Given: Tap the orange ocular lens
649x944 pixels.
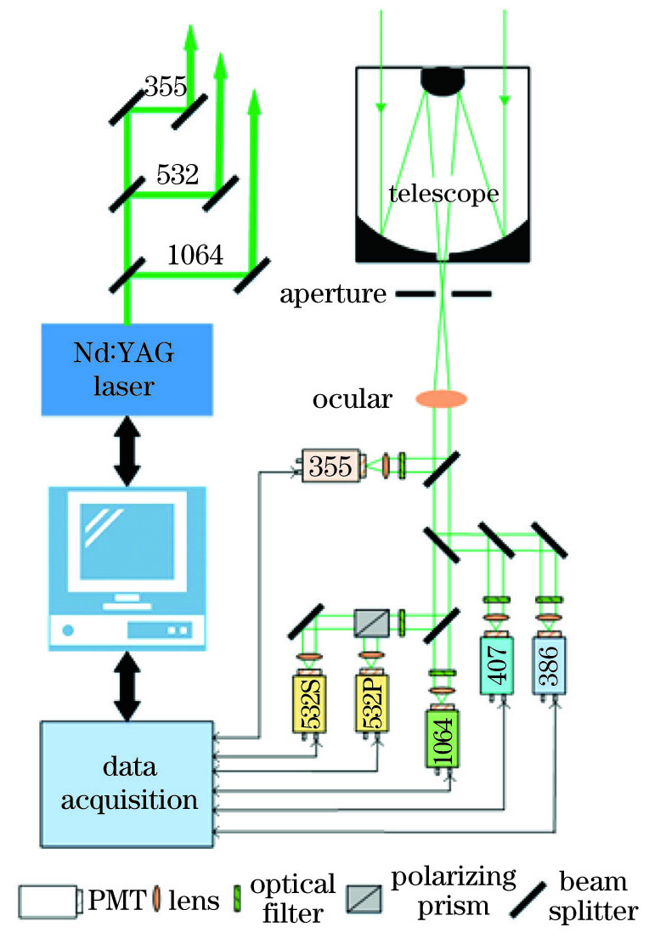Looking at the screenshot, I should [x=441, y=398].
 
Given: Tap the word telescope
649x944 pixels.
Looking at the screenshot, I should [x=443, y=195].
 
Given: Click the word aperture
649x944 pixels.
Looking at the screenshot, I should [x=334, y=294].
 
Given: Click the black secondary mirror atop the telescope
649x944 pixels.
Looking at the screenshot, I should [x=442, y=80].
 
